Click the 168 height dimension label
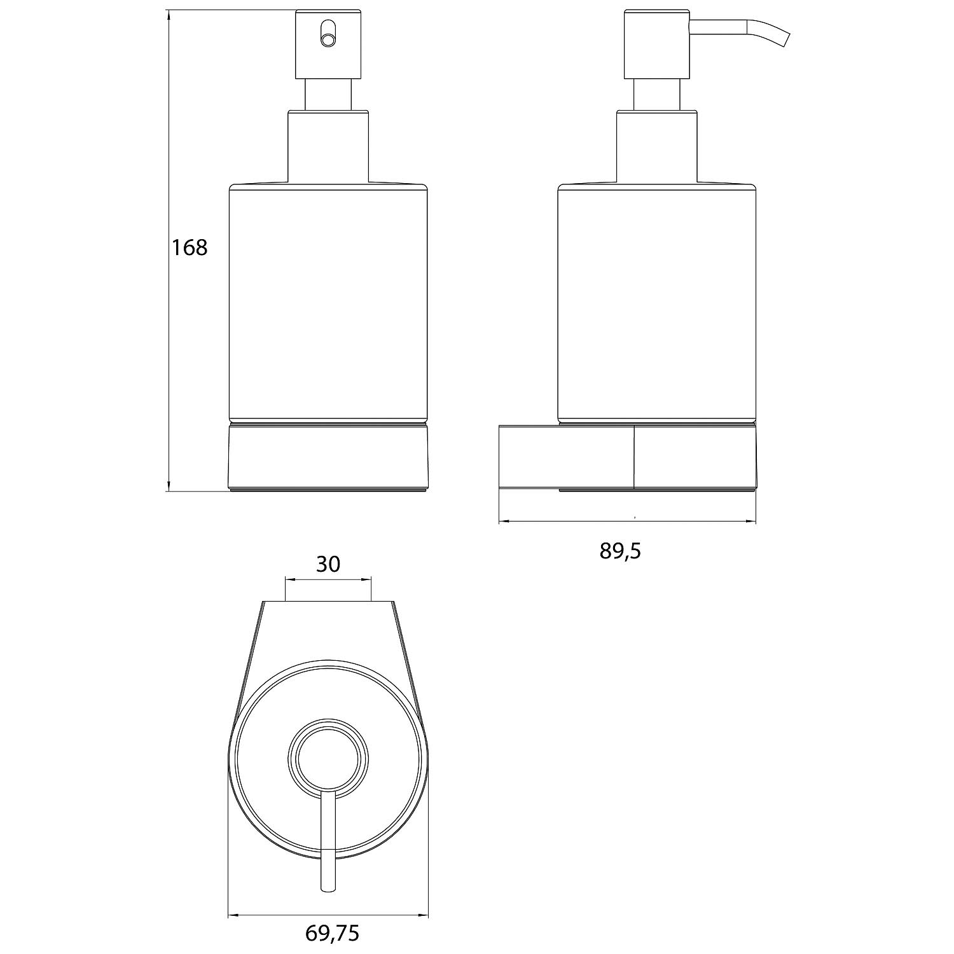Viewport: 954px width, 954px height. click(x=190, y=247)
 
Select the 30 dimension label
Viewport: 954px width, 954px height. click(x=328, y=564)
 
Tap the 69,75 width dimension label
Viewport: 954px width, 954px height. click(x=333, y=933)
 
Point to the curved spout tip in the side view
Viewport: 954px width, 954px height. click(x=787, y=40)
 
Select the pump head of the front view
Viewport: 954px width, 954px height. click(x=328, y=44)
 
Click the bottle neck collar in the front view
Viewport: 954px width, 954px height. click(x=328, y=146)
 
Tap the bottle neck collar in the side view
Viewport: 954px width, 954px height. click(x=657, y=146)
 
